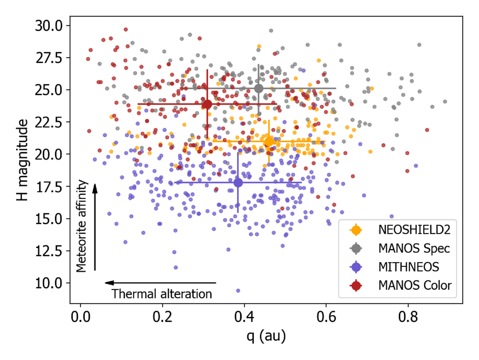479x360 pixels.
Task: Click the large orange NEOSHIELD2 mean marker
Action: (x=269, y=141)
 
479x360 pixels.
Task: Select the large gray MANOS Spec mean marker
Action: (x=259, y=88)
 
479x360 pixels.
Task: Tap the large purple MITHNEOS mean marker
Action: (x=238, y=182)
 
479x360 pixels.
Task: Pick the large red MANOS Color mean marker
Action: (x=207, y=104)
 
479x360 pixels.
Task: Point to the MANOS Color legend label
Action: (x=415, y=285)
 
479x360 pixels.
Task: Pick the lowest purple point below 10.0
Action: (x=238, y=291)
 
